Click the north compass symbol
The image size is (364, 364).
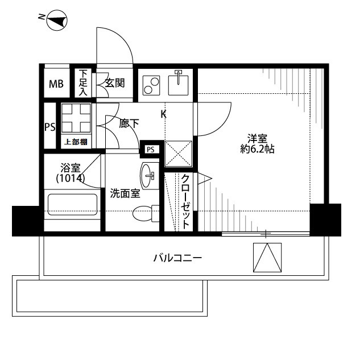57,20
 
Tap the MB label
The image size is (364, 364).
56,84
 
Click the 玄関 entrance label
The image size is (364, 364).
115,83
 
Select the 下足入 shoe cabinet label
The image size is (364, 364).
83,83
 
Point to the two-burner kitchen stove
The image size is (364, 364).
151,85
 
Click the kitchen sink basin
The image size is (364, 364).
178,85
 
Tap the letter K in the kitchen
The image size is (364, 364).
164,114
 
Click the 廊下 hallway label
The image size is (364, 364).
129,123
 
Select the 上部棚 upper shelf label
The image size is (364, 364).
76,142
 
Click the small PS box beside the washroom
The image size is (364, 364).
151,150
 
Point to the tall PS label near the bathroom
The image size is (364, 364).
50,127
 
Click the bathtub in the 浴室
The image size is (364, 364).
72,205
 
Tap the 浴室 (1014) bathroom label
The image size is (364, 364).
71,173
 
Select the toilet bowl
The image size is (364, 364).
146,213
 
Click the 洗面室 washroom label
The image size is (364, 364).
125,193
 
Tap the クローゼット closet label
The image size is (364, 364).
185,201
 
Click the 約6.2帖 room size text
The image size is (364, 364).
257,149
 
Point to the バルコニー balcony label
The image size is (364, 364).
177,258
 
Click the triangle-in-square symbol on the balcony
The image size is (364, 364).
267,258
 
